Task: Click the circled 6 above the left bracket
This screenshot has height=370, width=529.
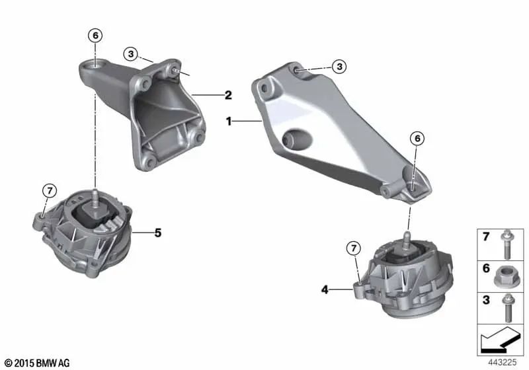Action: (97, 35)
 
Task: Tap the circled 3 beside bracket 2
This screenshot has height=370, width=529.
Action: (132, 53)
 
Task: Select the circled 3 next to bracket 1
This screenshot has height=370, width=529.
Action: (339, 66)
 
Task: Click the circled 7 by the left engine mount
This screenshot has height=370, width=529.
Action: (50, 191)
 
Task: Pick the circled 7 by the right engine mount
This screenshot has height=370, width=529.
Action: (354, 248)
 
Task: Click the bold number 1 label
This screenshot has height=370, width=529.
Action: (229, 122)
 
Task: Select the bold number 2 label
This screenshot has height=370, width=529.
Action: (228, 95)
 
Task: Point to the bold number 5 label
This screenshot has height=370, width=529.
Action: (158, 233)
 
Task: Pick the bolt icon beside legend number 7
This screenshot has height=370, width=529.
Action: (509, 241)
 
